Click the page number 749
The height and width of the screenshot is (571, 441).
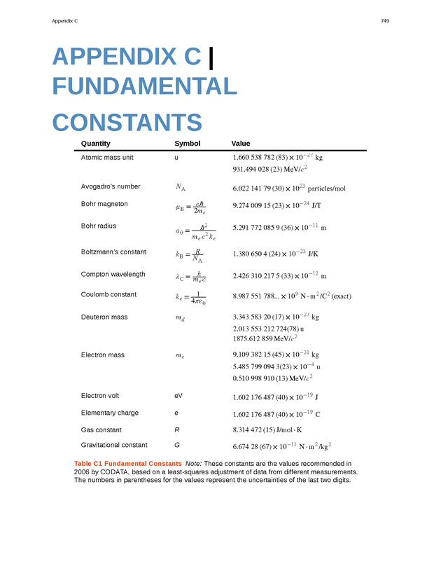[385, 21]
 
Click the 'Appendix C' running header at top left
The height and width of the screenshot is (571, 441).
[65, 21]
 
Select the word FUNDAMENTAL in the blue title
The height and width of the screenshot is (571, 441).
[144, 87]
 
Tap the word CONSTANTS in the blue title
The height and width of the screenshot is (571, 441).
[127, 123]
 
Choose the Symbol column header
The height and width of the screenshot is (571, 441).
[187, 144]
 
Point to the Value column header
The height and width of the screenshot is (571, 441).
[241, 144]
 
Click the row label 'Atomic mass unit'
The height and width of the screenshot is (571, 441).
[107, 158]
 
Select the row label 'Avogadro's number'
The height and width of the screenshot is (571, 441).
[111, 186]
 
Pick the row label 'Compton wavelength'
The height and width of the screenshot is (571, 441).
[113, 274]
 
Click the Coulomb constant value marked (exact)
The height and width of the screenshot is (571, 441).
[291, 296]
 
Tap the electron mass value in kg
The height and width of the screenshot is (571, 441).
[276, 355]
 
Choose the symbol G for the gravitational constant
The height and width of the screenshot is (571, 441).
[177, 445]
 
